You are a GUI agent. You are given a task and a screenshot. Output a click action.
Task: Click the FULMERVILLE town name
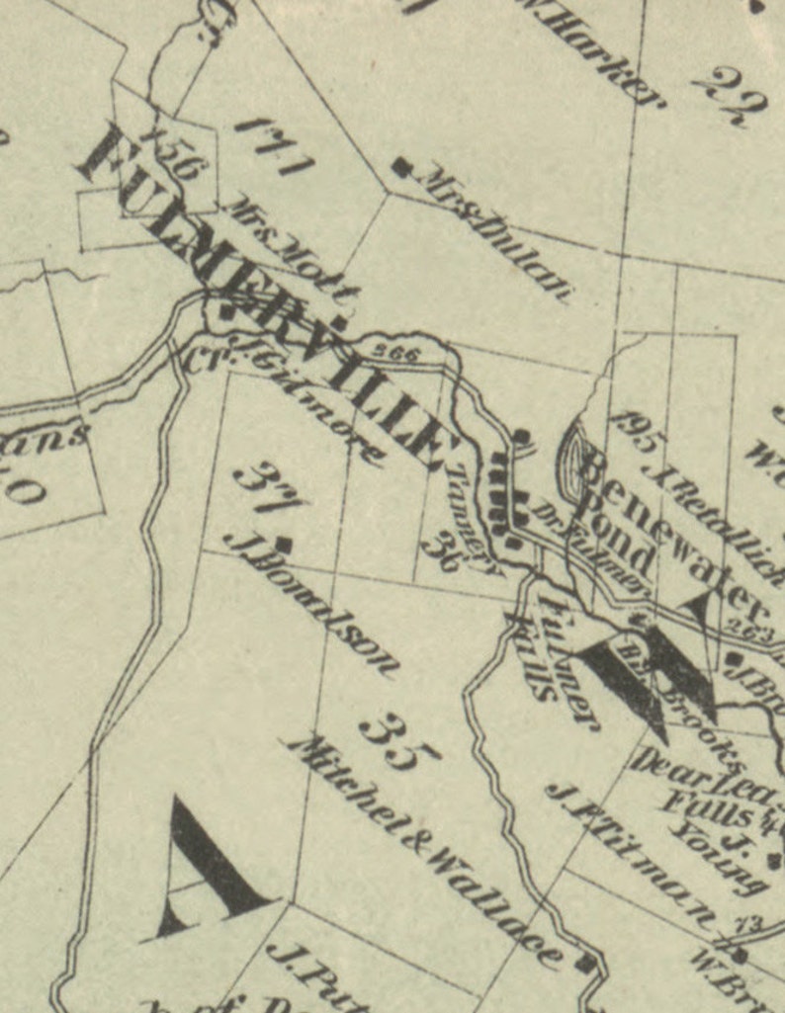coord(267,296)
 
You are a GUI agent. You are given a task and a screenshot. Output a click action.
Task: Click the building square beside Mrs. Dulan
coord(400,166)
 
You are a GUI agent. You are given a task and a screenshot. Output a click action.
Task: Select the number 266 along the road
coord(400,352)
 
